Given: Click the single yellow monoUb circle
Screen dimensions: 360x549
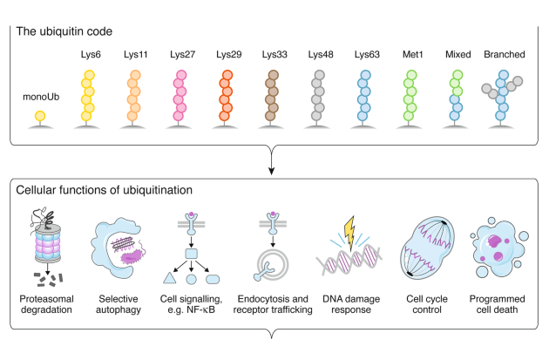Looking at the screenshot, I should [x=40, y=116].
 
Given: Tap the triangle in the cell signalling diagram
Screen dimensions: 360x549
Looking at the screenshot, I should [x=168, y=280].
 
